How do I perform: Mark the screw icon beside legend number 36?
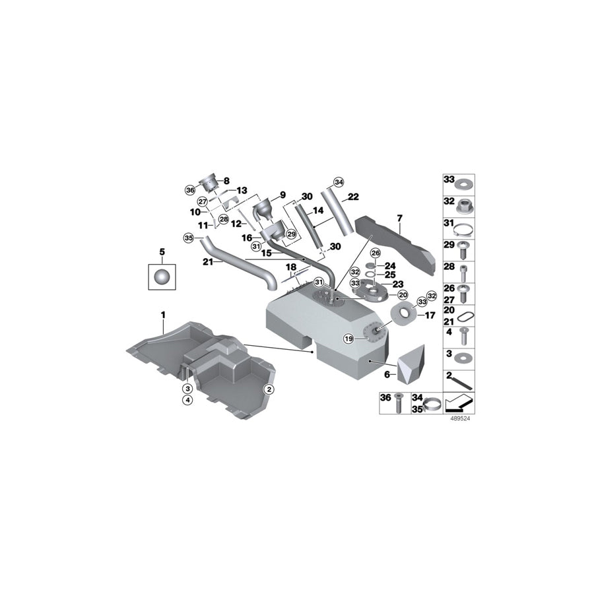398,403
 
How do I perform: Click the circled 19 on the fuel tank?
349,339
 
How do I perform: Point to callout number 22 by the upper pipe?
353,197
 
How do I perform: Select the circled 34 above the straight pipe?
339,181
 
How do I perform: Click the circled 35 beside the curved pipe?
187,237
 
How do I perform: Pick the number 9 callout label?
282,195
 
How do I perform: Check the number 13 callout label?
242,190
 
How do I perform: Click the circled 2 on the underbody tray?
269,389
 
